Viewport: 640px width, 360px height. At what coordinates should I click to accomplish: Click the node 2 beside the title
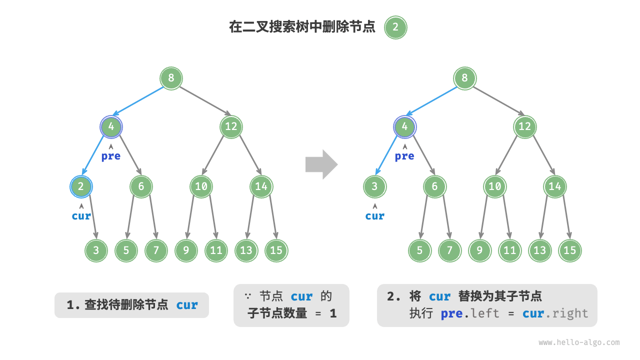(395, 27)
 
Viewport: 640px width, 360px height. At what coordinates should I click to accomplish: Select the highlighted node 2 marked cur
(81, 186)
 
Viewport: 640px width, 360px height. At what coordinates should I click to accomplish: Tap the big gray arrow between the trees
(321, 164)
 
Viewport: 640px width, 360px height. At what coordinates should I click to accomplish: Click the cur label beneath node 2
(81, 216)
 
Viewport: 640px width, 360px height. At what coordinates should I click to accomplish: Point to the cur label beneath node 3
(374, 216)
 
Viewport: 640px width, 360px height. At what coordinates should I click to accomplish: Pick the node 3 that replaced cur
(374, 186)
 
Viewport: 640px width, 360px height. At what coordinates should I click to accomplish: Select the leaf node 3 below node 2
(96, 250)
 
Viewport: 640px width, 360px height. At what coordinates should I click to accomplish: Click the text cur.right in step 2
(555, 313)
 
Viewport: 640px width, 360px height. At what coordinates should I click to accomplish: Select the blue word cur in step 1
(187, 305)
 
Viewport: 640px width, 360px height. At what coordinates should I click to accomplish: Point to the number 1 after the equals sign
(332, 313)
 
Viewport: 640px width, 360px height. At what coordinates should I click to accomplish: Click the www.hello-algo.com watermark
(578, 342)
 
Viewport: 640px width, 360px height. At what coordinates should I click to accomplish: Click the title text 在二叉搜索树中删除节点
(302, 27)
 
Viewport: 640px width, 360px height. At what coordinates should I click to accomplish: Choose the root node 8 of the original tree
(171, 78)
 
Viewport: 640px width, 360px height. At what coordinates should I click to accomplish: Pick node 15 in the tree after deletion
(569, 250)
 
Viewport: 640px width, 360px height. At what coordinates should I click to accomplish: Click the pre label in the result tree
(404, 156)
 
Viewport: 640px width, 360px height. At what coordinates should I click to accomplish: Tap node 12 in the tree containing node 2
(230, 126)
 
